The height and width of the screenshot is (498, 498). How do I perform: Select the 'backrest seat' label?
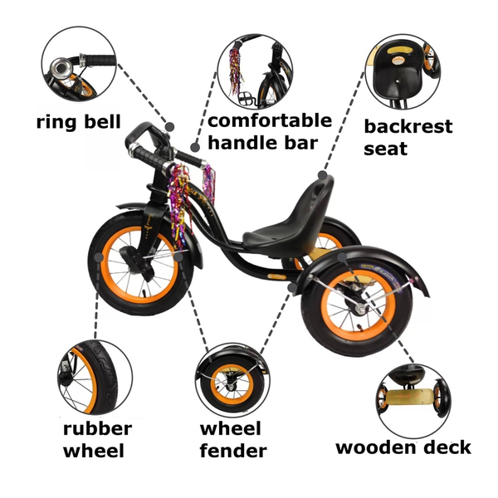(x=408, y=138)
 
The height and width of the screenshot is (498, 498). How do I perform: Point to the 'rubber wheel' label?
(x=97, y=440)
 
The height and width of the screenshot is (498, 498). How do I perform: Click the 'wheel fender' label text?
(x=232, y=440)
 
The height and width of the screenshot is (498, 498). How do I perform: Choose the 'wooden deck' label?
(x=403, y=447)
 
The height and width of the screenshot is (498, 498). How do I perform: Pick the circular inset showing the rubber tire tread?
(x=94, y=374)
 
